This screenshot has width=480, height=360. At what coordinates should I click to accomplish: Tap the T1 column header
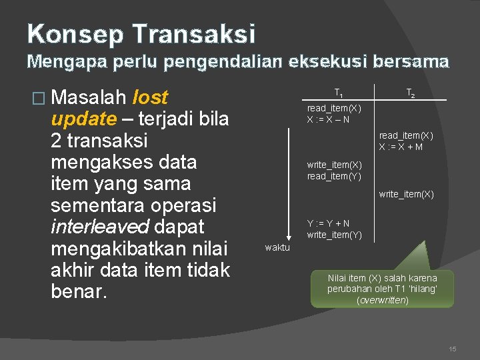click(x=339, y=93)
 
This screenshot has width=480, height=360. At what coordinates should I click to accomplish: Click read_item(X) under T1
click(x=334, y=108)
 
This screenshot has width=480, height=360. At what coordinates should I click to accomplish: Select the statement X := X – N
click(x=328, y=119)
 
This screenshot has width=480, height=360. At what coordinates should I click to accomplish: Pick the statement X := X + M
click(x=401, y=147)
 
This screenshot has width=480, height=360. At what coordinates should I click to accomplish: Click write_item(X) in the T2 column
click(x=406, y=194)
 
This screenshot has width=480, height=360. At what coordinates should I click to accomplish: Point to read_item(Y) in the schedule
click(x=334, y=176)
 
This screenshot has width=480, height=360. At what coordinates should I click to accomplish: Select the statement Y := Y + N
click(x=328, y=223)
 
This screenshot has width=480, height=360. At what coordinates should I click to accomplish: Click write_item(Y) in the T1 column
click(x=334, y=235)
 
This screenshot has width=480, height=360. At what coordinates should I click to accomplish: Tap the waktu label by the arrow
click(x=277, y=247)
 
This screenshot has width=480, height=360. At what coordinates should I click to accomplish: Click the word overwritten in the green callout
click(x=382, y=300)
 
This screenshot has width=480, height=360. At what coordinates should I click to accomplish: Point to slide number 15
click(x=453, y=349)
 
